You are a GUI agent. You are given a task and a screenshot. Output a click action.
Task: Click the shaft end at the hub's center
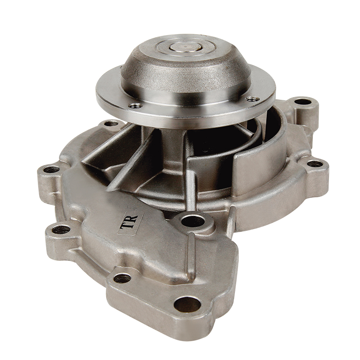click(185, 48)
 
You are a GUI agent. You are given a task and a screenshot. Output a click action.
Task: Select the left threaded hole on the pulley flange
click(135, 105)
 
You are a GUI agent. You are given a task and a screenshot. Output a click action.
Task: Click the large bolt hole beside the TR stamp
click(193, 221)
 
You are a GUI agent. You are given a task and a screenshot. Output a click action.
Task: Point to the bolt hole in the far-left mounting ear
click(51, 170)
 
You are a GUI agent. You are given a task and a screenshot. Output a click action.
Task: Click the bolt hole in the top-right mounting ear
click(302, 102)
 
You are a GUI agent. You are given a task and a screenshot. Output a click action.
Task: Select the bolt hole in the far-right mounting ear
click(315, 164)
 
